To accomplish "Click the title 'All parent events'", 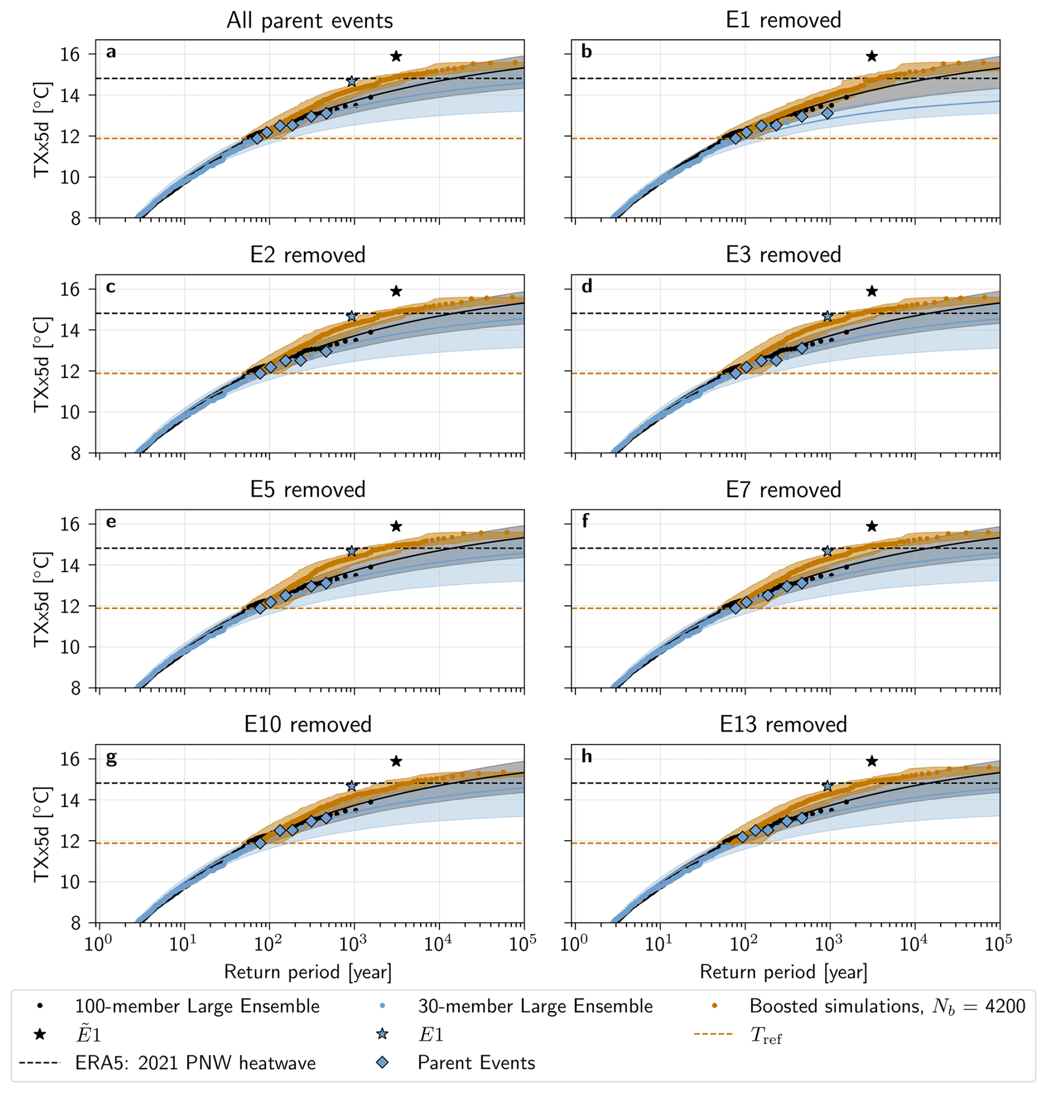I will point(309,20).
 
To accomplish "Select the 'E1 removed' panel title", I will point(783,20).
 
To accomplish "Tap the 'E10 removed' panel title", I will point(308,724).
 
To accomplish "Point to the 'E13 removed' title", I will point(783,724).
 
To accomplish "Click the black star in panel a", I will point(396,56).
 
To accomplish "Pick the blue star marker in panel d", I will point(827,316).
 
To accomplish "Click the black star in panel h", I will point(872,761).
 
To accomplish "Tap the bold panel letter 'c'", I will point(111,287).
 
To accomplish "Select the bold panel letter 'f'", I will point(585,521).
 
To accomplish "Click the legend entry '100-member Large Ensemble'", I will point(197,1006).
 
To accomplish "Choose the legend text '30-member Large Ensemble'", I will point(535,1006).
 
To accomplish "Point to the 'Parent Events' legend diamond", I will point(382,1063).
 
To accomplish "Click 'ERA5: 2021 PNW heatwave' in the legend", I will point(195,1063).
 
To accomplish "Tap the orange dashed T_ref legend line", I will point(714,1034).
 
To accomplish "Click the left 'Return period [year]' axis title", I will point(308,972).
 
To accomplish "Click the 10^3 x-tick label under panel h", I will point(828,944).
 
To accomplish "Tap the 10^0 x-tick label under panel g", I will point(99,944).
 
